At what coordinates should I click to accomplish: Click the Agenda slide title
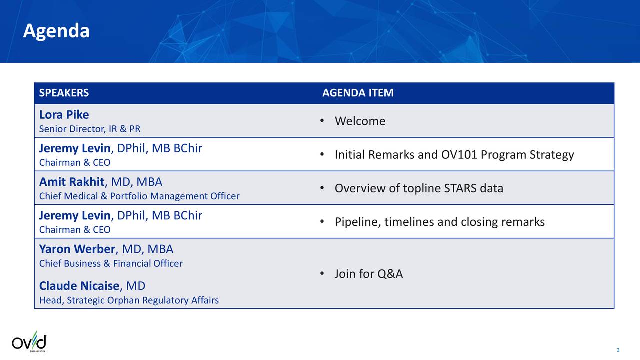tap(56, 31)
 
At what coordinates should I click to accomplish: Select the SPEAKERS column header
tap(64, 93)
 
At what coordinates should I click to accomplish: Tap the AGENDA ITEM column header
tap(358, 93)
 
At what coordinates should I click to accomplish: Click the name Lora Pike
tap(64, 115)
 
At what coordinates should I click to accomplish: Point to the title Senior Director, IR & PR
tap(90, 129)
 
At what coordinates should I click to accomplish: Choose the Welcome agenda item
tap(360, 121)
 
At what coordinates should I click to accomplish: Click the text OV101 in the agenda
tap(458, 155)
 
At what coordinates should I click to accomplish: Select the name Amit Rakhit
tap(72, 182)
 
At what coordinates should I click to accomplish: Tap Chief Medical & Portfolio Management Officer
tap(139, 196)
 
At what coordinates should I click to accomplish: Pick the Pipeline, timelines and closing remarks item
tap(439, 222)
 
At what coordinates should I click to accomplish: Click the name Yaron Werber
tap(77, 249)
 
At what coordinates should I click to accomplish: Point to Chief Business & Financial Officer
tap(111, 263)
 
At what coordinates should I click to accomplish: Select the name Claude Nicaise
tap(79, 286)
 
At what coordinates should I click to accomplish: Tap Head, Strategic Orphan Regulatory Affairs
tap(129, 300)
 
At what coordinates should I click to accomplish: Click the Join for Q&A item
tap(368, 274)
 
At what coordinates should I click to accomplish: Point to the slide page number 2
tap(618, 350)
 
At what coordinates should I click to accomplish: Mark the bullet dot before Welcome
tap(324, 121)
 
